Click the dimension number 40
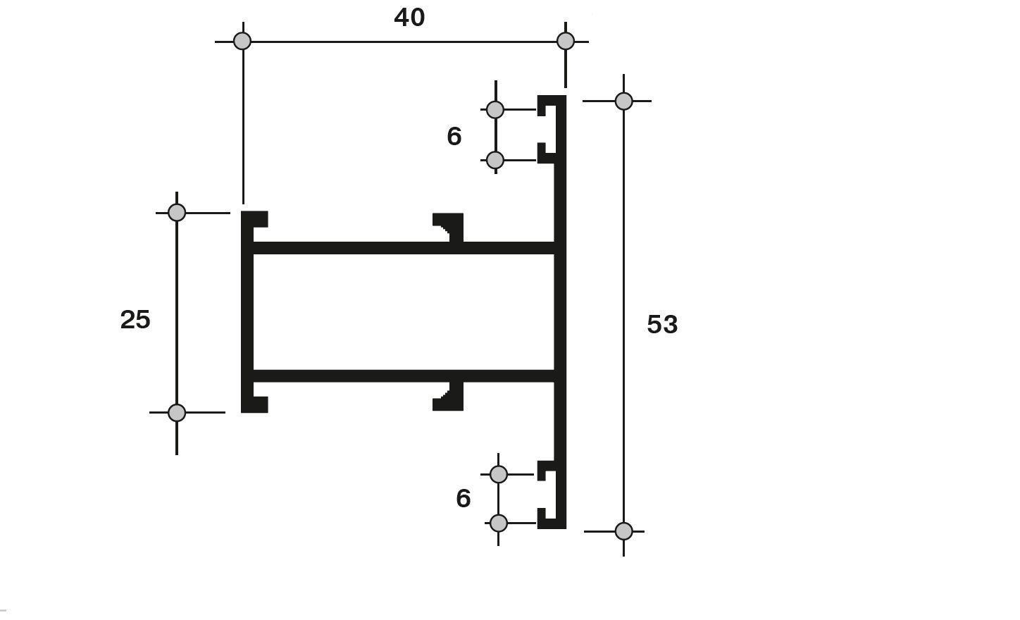tap(409, 18)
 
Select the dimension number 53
tap(662, 325)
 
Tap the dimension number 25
tap(135, 320)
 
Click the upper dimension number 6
tap(454, 136)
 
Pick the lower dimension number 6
tap(463, 498)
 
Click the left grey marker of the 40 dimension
tap(242, 41)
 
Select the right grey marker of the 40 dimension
tap(566, 41)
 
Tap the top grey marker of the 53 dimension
tap(624, 101)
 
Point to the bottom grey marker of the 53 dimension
tap(624, 531)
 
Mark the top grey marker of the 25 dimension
tap(177, 212)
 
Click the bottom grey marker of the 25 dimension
tap(177, 413)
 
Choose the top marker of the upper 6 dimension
tap(495, 110)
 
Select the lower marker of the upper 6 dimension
tap(495, 161)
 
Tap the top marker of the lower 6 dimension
tap(499, 474)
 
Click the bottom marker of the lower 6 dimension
tap(499, 523)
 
